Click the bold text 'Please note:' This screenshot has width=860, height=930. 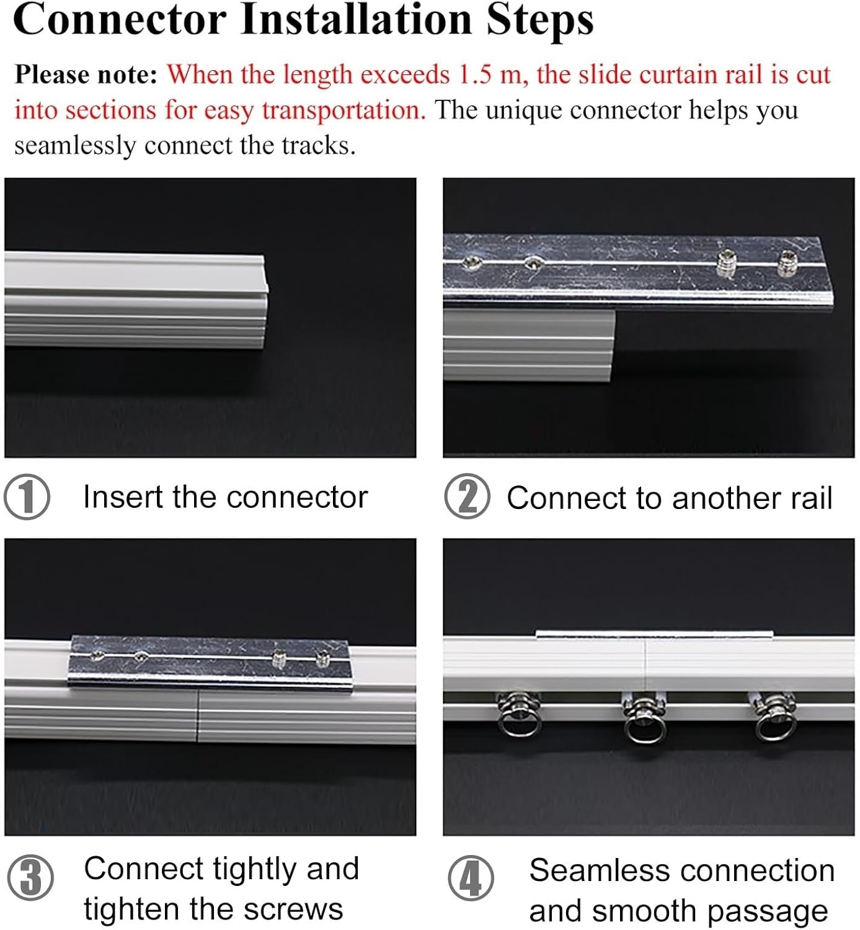[86, 75]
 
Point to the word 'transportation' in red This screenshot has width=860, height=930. [344, 111]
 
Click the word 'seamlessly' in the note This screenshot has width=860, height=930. [74, 146]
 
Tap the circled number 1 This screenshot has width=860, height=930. [27, 497]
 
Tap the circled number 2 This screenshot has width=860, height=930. [467, 497]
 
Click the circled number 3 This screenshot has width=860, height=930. [30, 878]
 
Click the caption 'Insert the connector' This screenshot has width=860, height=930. [225, 497]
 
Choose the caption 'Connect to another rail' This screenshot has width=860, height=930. [669, 498]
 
